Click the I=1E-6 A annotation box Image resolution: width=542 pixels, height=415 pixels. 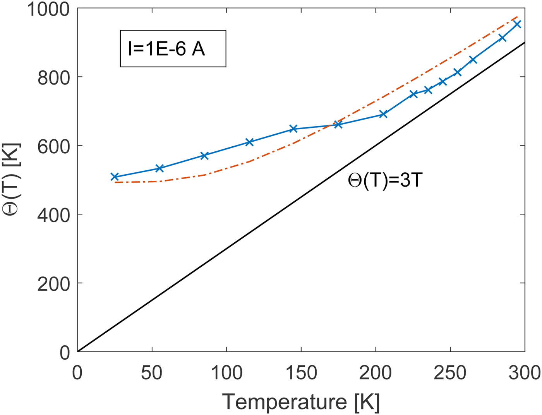[x=173, y=49]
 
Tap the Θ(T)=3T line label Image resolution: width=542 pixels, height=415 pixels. [x=384, y=180]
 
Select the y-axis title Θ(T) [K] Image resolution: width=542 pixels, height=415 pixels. [x=14, y=180]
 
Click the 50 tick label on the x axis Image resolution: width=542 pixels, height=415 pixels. [x=152, y=373]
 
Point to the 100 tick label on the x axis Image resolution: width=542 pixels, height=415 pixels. [x=226, y=373]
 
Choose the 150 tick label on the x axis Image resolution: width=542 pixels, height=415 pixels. [x=301, y=373]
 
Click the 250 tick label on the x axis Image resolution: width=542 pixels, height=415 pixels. [x=450, y=373]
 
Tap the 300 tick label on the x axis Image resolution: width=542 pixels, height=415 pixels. [x=524, y=373]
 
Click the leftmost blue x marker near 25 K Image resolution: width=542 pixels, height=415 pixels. [x=115, y=177]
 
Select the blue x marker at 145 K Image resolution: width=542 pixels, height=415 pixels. [x=293, y=129]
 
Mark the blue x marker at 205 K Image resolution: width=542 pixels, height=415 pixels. [x=383, y=114]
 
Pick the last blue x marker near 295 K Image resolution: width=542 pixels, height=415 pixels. [x=517, y=24]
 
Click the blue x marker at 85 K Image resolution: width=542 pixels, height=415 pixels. [x=204, y=156]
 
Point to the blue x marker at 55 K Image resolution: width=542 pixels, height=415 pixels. [x=160, y=168]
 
